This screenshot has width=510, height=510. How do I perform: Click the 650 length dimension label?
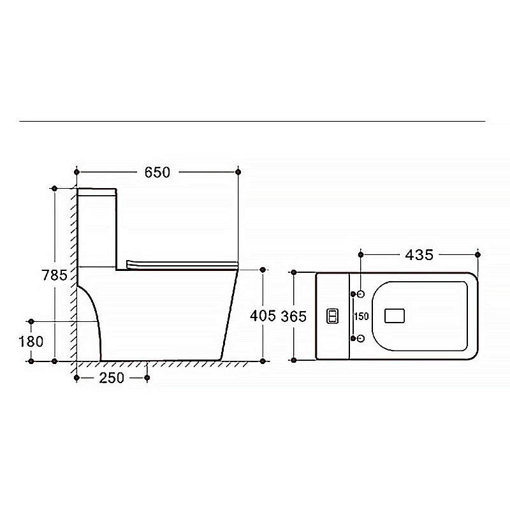[x=157, y=172]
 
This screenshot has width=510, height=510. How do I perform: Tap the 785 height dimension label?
[x=54, y=275]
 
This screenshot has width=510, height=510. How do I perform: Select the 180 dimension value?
[x=31, y=342]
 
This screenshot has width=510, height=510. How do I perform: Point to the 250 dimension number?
[x=112, y=378]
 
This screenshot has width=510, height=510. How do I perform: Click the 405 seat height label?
[x=263, y=316]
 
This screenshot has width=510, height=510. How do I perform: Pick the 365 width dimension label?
[x=294, y=316]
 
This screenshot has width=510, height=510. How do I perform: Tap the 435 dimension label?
[x=419, y=255]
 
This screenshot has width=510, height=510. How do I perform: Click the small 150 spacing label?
[x=361, y=316]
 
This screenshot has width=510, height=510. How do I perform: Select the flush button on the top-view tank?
[x=332, y=316]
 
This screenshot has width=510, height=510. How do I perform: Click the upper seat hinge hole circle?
[x=361, y=295]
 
